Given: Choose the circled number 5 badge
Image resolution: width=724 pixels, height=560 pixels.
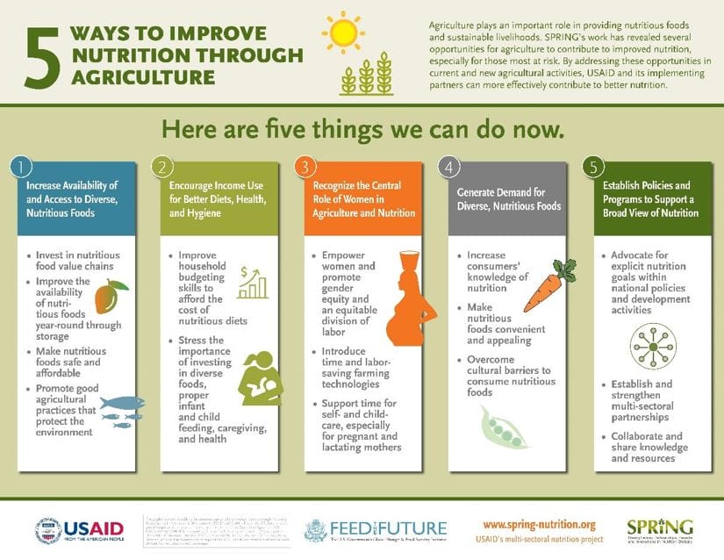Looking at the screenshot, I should (594, 167).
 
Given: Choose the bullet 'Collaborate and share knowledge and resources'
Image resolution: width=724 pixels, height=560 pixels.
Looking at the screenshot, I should (649, 447).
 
